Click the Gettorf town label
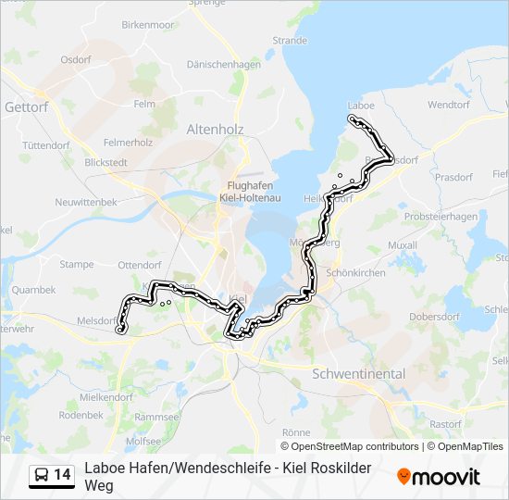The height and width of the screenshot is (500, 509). pyautogui.click(x=26, y=107)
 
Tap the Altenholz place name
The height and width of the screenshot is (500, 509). pyautogui.click(x=215, y=130)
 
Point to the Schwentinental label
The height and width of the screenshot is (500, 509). pyautogui.click(x=359, y=374)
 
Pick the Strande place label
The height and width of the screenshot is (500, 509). pyautogui.click(x=290, y=40)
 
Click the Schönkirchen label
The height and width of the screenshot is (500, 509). pyautogui.click(x=355, y=274)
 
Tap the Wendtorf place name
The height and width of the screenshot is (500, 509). pyautogui.click(x=450, y=105)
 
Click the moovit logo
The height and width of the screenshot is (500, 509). pyautogui.click(x=439, y=477)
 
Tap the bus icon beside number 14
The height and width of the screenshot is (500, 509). pyautogui.click(x=42, y=475)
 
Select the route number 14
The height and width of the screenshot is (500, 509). pyautogui.click(x=62, y=475)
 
